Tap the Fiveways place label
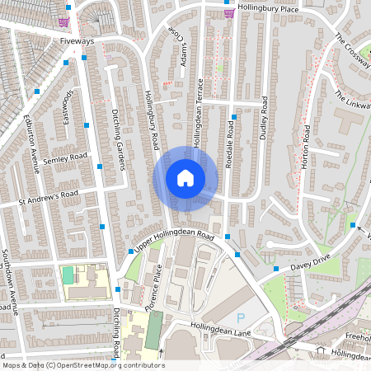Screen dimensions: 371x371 pyautogui.click(x=77, y=40)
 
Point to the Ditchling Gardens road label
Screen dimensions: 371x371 pyautogui.click(x=116, y=139)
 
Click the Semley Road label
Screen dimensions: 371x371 pyautogui.click(x=66, y=157)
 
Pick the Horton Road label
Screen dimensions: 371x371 pyautogui.click(x=306, y=148)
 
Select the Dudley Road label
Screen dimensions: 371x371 pyautogui.click(x=264, y=118)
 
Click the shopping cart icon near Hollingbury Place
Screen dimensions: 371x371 pyautogui.click(x=228, y=12)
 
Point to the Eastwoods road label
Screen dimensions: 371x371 pyautogui.click(x=68, y=107)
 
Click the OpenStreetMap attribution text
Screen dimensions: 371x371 pyautogui.click(x=83, y=365)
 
